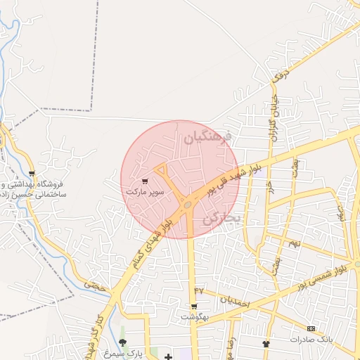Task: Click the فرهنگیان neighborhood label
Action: coord(207,138)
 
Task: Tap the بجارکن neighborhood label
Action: coord(221,219)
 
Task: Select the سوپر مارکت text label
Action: coord(145,191)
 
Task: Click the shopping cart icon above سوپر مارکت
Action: coord(145,181)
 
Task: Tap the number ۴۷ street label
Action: coord(198,290)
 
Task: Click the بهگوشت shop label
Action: coord(195,317)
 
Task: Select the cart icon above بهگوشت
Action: coord(194,307)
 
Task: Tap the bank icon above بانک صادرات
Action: coord(311,328)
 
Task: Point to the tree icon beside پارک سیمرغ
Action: coord(123,342)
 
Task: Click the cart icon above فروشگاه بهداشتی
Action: coord(32,173)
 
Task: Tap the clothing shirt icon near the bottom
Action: coord(266,344)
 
